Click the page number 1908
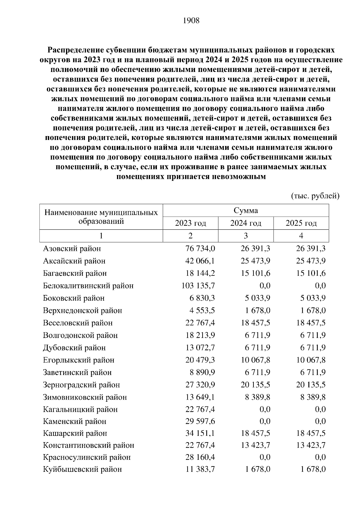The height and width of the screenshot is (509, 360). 191,21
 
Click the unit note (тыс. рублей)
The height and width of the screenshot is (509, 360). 315,196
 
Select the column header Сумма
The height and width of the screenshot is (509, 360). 246,210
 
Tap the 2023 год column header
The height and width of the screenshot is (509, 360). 190,223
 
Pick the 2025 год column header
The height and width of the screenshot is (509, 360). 301,223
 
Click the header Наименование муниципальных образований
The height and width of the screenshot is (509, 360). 101,217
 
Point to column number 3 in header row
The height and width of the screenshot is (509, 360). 246,236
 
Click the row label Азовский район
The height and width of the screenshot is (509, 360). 72,249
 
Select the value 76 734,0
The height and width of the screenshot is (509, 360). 200,249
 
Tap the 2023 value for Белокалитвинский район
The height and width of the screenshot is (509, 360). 198,286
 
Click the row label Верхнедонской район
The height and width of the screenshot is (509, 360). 82,311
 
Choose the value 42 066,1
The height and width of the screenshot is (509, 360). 200,261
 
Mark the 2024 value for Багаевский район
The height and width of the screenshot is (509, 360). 255,273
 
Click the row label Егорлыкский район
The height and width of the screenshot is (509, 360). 79,360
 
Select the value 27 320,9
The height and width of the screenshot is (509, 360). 200,385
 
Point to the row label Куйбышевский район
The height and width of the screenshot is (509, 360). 82,469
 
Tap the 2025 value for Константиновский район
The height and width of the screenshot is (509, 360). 311,445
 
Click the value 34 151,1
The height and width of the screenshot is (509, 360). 200,433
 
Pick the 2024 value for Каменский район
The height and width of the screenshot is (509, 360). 265,421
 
